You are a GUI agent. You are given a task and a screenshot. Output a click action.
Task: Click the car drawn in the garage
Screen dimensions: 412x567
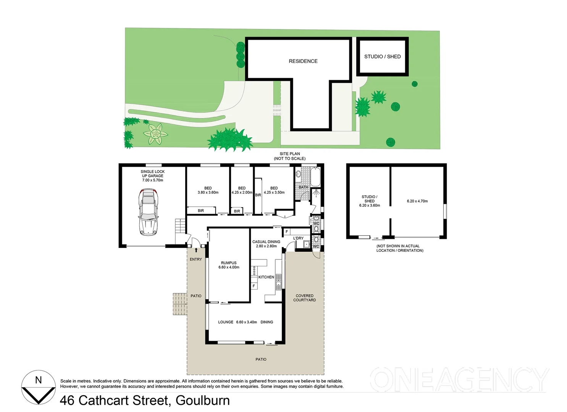[148, 212]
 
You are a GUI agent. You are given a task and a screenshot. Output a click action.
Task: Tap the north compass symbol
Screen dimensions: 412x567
[38, 387]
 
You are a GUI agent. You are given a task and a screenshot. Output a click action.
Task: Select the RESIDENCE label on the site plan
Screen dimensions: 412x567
[303, 61]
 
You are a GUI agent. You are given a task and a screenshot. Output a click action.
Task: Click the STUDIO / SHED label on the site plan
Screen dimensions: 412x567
[382, 56]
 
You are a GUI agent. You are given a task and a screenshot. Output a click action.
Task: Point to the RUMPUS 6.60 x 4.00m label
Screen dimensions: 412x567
[229, 265]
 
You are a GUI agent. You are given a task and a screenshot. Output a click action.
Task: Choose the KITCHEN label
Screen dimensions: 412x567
[266, 277]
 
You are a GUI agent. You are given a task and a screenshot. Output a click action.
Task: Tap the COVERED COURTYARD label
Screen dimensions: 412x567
[304, 298]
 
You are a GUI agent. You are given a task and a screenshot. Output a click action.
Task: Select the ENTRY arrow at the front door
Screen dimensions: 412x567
[196, 250]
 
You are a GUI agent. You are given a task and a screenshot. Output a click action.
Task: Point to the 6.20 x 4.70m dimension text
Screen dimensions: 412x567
[417, 201]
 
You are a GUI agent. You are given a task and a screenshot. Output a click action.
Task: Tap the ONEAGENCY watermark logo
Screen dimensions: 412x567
[458, 379]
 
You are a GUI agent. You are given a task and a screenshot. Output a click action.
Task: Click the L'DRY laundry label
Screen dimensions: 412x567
[298, 238]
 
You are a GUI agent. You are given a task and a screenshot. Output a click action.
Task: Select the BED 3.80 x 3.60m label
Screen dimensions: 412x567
[208, 190]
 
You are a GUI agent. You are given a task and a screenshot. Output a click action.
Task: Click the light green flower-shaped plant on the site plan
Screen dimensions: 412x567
[155, 134]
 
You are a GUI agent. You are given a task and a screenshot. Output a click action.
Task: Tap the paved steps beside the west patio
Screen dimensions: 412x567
[179, 304]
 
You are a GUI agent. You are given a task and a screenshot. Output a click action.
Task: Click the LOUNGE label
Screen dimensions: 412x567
[225, 322]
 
